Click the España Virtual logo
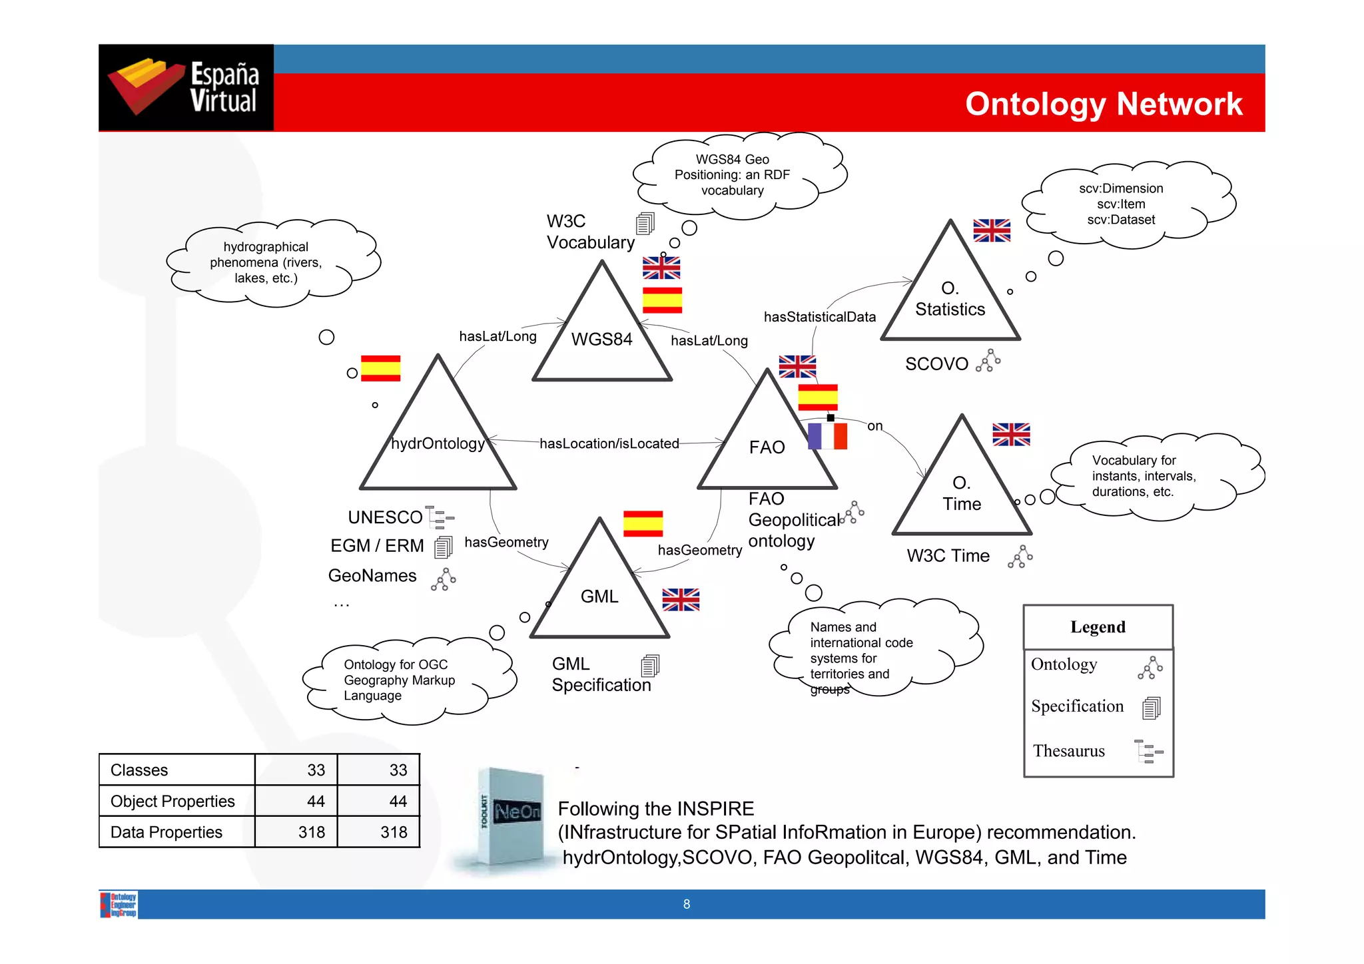coord(186,87)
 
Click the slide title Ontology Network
coord(1103,104)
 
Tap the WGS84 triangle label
coord(601,340)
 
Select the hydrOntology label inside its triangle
coord(438,443)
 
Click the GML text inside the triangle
coord(599,597)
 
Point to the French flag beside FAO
coord(827,437)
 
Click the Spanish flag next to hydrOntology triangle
coord(380,368)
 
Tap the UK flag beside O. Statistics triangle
coord(991,230)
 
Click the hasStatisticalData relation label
coord(819,317)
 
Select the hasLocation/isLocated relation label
coord(609,443)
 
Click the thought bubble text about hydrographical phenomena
coord(266,262)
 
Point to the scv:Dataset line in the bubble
coord(1121,220)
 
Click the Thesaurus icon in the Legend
coord(1148,751)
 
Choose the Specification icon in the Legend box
coord(1151,708)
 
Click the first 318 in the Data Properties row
coord(311,832)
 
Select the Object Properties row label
coord(172,801)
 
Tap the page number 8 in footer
coord(687,904)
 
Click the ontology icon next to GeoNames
coord(444,579)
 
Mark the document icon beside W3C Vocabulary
coord(645,224)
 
